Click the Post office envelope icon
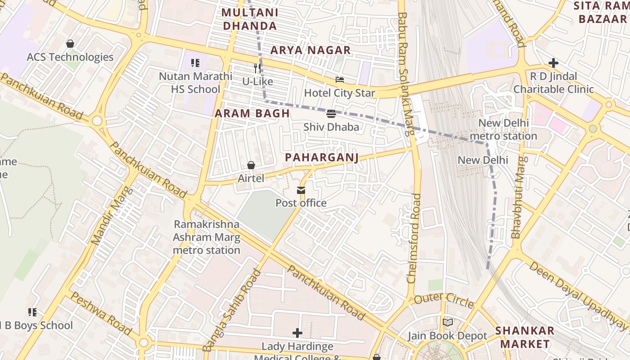pos(301,190)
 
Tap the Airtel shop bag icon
pos(251,166)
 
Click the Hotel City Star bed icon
pos(340,80)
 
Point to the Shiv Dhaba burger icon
pos(331,114)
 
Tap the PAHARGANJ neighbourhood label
pos(322,157)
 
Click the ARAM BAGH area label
pos(252,113)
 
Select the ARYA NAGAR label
pos(310,50)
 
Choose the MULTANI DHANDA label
pos(250,19)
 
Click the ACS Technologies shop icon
pos(70,44)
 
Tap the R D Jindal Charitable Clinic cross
pos(553,63)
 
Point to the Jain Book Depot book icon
pos(447,323)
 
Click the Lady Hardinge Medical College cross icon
pos(297,333)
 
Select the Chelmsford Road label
pos(414,238)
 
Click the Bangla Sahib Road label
pos(232,310)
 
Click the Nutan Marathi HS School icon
pos(195,63)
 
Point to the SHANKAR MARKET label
pos(525,337)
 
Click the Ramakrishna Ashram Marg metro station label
pos(207,237)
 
